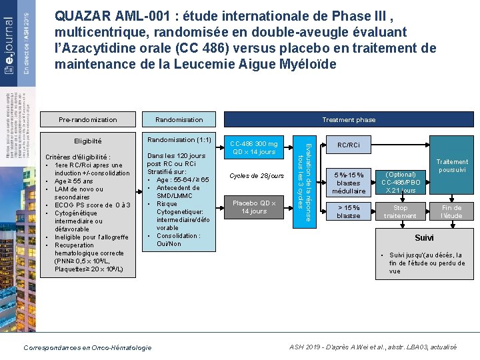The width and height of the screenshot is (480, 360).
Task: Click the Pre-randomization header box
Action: (87, 119)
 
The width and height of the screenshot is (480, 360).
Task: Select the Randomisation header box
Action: (179, 119)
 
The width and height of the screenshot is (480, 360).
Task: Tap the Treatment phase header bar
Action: (348, 119)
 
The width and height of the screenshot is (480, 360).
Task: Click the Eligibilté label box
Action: (87, 141)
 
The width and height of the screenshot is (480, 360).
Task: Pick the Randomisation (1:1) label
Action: (179, 140)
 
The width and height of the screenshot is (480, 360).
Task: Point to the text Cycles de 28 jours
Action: (256, 176)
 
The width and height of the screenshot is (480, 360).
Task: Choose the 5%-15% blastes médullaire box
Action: (349, 183)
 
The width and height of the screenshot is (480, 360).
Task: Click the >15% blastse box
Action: (349, 211)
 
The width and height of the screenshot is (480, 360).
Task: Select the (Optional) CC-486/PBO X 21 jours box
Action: (400, 183)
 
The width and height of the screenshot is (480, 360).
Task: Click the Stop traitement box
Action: (400, 211)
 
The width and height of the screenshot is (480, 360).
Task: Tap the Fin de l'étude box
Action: (452, 211)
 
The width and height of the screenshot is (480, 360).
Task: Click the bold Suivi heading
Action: (424, 238)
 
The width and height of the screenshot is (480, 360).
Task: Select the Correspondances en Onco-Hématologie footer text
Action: (87, 347)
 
